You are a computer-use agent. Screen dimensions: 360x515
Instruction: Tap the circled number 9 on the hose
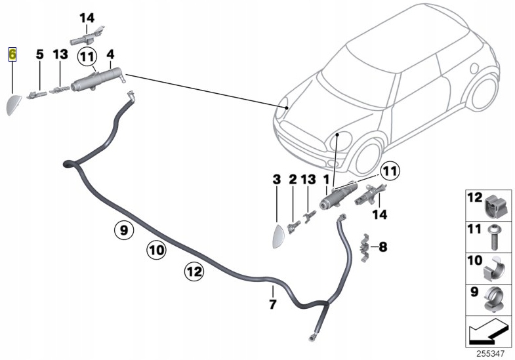click(122, 230)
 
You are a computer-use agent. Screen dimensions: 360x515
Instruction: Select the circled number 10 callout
click(156, 249)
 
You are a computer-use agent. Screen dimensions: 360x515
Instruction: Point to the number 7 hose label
click(273, 304)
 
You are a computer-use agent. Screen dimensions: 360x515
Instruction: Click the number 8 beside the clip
click(383, 247)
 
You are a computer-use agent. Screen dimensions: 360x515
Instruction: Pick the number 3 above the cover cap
click(276, 179)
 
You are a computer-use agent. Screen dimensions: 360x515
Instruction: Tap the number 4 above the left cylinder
click(110, 53)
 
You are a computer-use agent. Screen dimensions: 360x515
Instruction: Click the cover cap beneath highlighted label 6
click(14, 104)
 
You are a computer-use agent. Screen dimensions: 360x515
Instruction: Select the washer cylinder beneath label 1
click(337, 197)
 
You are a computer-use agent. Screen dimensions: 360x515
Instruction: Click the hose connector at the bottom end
click(310, 338)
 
